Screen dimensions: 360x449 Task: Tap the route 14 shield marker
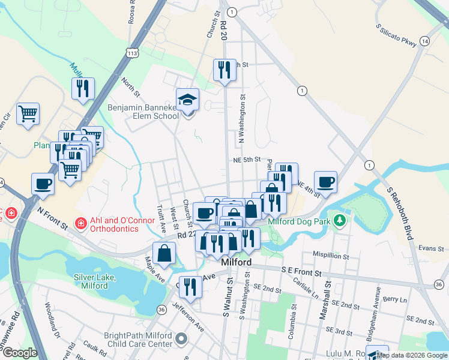point(424,41)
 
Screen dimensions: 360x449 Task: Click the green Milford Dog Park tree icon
point(340,220)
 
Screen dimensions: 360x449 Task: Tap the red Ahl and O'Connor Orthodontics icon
point(80,223)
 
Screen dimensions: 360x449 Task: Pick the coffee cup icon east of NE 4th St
point(325,182)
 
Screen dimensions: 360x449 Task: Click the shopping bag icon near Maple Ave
point(164,253)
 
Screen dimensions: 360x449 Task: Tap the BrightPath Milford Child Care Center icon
point(181,340)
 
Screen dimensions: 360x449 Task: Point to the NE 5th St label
point(247,160)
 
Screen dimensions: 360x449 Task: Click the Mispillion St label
point(329,256)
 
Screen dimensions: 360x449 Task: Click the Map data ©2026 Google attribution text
point(412,355)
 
